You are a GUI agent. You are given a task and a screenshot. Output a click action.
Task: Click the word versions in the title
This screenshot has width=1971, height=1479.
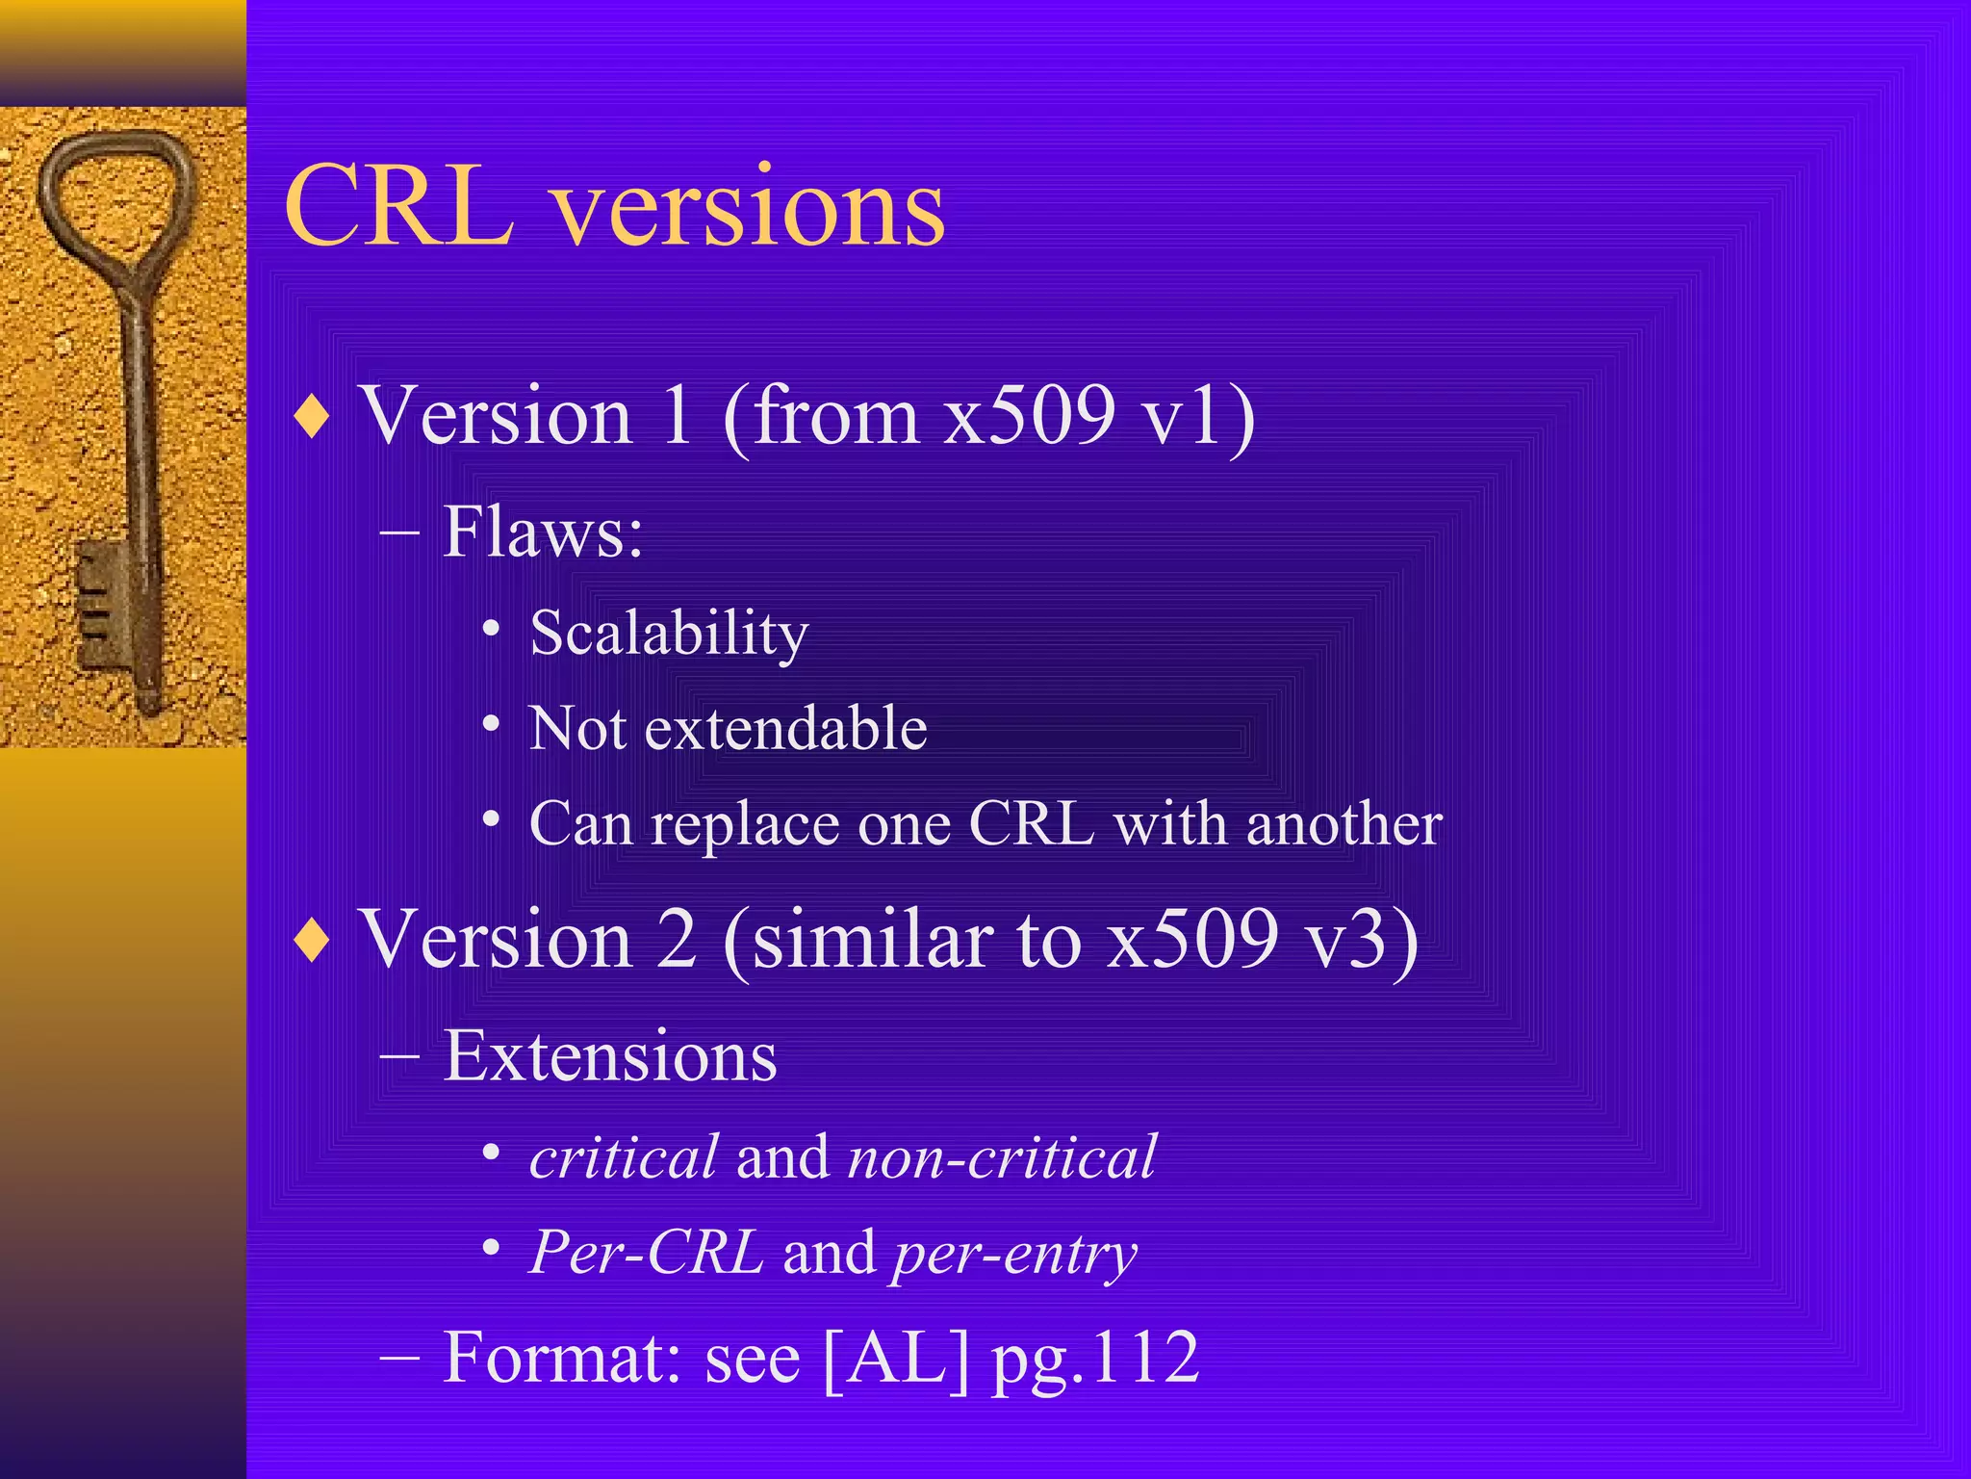coord(750,210)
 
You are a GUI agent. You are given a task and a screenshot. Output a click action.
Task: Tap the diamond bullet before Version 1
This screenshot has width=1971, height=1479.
coord(313,418)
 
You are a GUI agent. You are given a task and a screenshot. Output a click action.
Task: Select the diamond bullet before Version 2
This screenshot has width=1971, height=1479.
coord(313,941)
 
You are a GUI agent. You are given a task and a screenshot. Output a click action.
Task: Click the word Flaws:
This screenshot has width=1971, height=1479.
coord(542,532)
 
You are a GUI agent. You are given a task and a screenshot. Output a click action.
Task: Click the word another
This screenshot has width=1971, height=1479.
coord(1344,825)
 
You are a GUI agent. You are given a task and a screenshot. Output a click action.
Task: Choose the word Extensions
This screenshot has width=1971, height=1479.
coord(609,1056)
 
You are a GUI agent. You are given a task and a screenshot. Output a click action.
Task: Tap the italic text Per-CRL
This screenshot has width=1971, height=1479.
coord(646,1253)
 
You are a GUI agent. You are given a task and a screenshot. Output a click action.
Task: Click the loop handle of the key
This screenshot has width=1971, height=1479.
coord(115,197)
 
